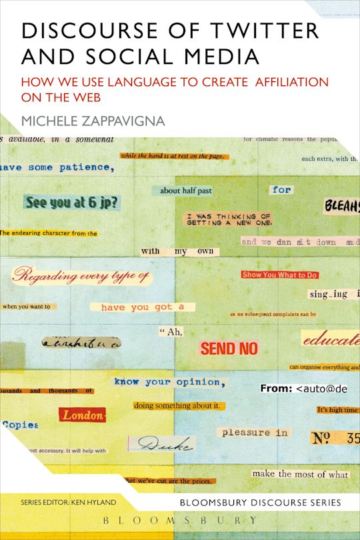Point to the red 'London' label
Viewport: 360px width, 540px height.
pyautogui.click(x=82, y=415)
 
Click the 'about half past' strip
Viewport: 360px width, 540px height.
pyautogui.click(x=186, y=191)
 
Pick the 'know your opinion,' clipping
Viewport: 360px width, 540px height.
pyautogui.click(x=167, y=383)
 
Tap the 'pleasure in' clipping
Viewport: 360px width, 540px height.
pyautogui.click(x=255, y=433)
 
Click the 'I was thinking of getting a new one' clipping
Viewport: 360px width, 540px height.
pyautogui.click(x=229, y=220)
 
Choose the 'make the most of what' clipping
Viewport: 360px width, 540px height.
pyautogui.click(x=300, y=474)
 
